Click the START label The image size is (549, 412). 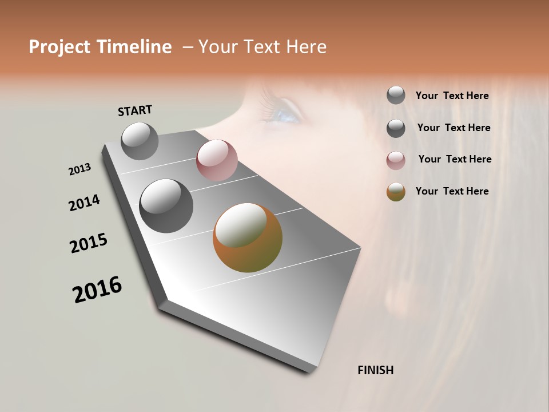click(x=135, y=110)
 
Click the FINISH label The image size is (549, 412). click(x=375, y=370)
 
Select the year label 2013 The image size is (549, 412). click(x=80, y=169)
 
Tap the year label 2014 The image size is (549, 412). click(x=84, y=203)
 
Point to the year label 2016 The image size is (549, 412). click(x=97, y=290)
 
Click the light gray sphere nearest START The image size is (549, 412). click(x=140, y=141)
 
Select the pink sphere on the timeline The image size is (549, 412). click(x=217, y=160)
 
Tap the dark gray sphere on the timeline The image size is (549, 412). click(x=166, y=206)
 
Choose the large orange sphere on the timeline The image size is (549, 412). click(x=248, y=237)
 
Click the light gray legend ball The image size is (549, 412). click(x=396, y=95)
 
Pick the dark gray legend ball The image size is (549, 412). click(x=396, y=128)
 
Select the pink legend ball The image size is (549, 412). click(x=396, y=160)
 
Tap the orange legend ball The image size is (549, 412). click(x=396, y=192)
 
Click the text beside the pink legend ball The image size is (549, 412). click(x=455, y=159)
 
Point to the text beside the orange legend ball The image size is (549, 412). click(x=452, y=191)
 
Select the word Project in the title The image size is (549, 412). click(x=59, y=47)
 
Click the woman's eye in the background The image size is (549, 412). click(x=284, y=115)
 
